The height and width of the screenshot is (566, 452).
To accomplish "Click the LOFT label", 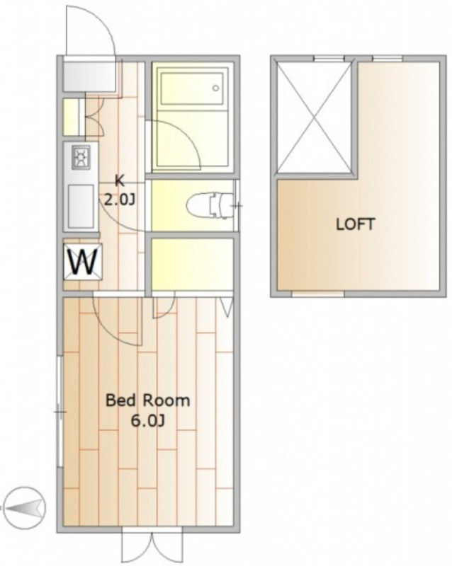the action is click(355, 224).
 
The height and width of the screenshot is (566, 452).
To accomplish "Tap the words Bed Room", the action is click(147, 400).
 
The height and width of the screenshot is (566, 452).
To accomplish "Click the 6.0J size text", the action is click(147, 421).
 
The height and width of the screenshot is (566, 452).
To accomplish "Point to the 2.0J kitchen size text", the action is click(120, 200).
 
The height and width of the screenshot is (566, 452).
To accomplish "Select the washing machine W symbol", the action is click(83, 262).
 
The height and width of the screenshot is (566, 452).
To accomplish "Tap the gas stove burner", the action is click(80, 157).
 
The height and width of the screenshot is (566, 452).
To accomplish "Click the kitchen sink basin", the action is click(81, 206).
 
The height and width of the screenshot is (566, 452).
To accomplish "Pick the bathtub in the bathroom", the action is click(192, 89).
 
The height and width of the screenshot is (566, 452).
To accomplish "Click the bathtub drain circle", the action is click(216, 88).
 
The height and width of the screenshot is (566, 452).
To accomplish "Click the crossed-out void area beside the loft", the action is click(314, 117).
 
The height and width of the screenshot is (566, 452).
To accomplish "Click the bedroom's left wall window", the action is click(60, 412).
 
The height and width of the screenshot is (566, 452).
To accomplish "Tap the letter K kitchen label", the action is click(119, 181).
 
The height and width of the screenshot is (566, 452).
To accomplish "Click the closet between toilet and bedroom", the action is click(192, 264).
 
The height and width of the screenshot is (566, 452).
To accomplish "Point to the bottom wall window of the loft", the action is click(318, 294).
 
